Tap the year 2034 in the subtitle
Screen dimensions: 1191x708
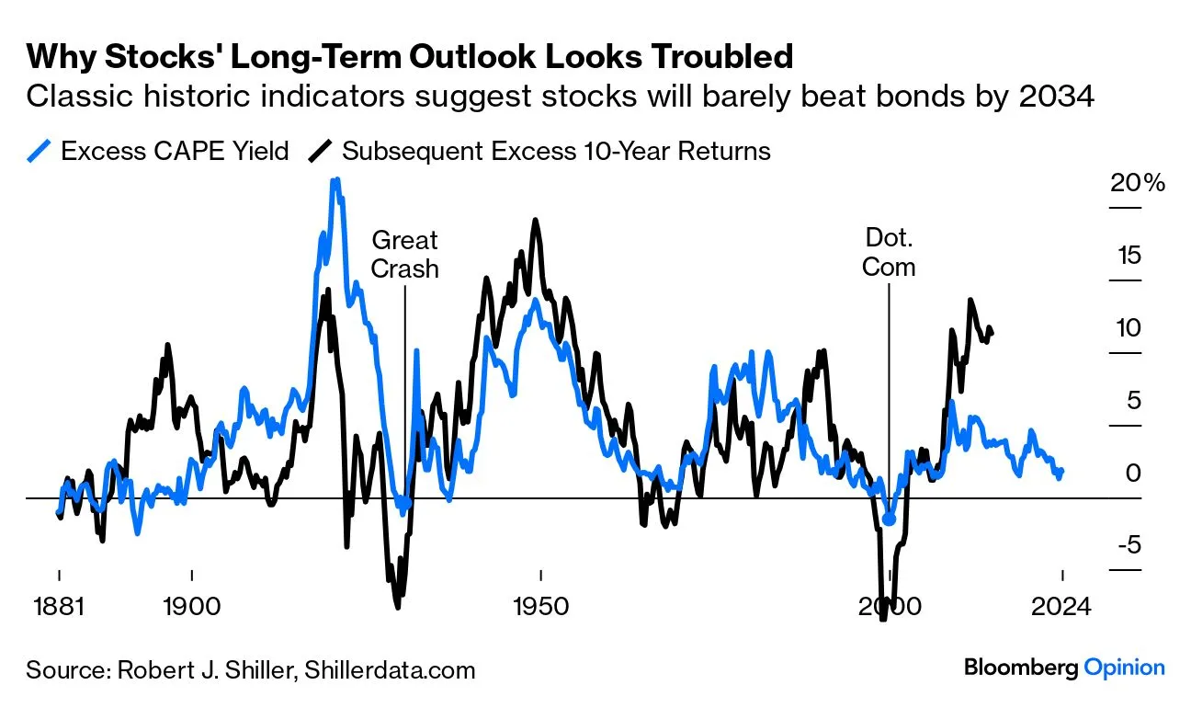1057,97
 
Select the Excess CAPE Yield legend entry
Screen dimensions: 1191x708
158,151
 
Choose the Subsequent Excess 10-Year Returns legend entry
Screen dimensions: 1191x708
539,151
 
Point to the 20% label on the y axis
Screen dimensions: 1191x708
1138,183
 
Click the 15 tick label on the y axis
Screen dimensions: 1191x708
1129,256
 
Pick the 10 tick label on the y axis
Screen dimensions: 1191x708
1129,328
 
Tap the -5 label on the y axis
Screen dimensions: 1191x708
1129,545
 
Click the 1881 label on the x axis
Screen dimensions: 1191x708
59,607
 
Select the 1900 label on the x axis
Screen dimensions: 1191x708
191,607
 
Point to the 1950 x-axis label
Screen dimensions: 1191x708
540,607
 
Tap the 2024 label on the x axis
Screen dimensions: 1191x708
1061,607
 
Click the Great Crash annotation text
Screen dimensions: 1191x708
404,255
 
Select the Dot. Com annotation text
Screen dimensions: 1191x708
889,253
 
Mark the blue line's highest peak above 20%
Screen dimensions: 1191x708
335,181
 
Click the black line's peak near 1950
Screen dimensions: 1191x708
536,221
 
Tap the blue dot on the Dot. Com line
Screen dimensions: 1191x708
889,520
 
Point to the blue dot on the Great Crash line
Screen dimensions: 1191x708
405,503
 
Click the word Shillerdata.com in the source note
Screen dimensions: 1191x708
390,670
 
